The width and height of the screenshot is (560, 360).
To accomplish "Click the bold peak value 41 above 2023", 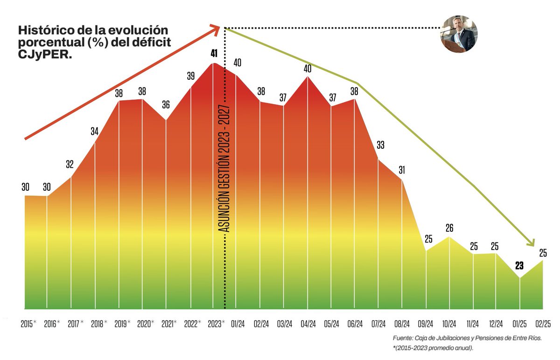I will [x=214, y=54].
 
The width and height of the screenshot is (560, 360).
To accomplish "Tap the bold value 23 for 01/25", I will [x=519, y=266].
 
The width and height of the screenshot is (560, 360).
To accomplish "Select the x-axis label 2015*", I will [x=28, y=323].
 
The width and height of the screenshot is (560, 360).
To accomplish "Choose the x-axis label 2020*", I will [x=145, y=323].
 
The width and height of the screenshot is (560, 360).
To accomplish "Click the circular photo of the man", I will [x=460, y=36].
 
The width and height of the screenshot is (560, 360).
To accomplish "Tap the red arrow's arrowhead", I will [x=216, y=29].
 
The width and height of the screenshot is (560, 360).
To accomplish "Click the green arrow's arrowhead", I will [x=530, y=242].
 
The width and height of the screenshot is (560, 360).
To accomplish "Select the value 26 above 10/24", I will [x=449, y=228].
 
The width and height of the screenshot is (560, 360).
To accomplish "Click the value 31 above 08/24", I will [x=402, y=170].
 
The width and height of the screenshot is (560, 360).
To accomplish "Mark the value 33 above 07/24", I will [x=380, y=145].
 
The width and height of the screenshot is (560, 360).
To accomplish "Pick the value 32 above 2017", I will [x=70, y=164].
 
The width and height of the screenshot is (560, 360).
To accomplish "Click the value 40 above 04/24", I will [x=307, y=69].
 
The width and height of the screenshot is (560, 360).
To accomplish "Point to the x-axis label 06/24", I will [x=356, y=323].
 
